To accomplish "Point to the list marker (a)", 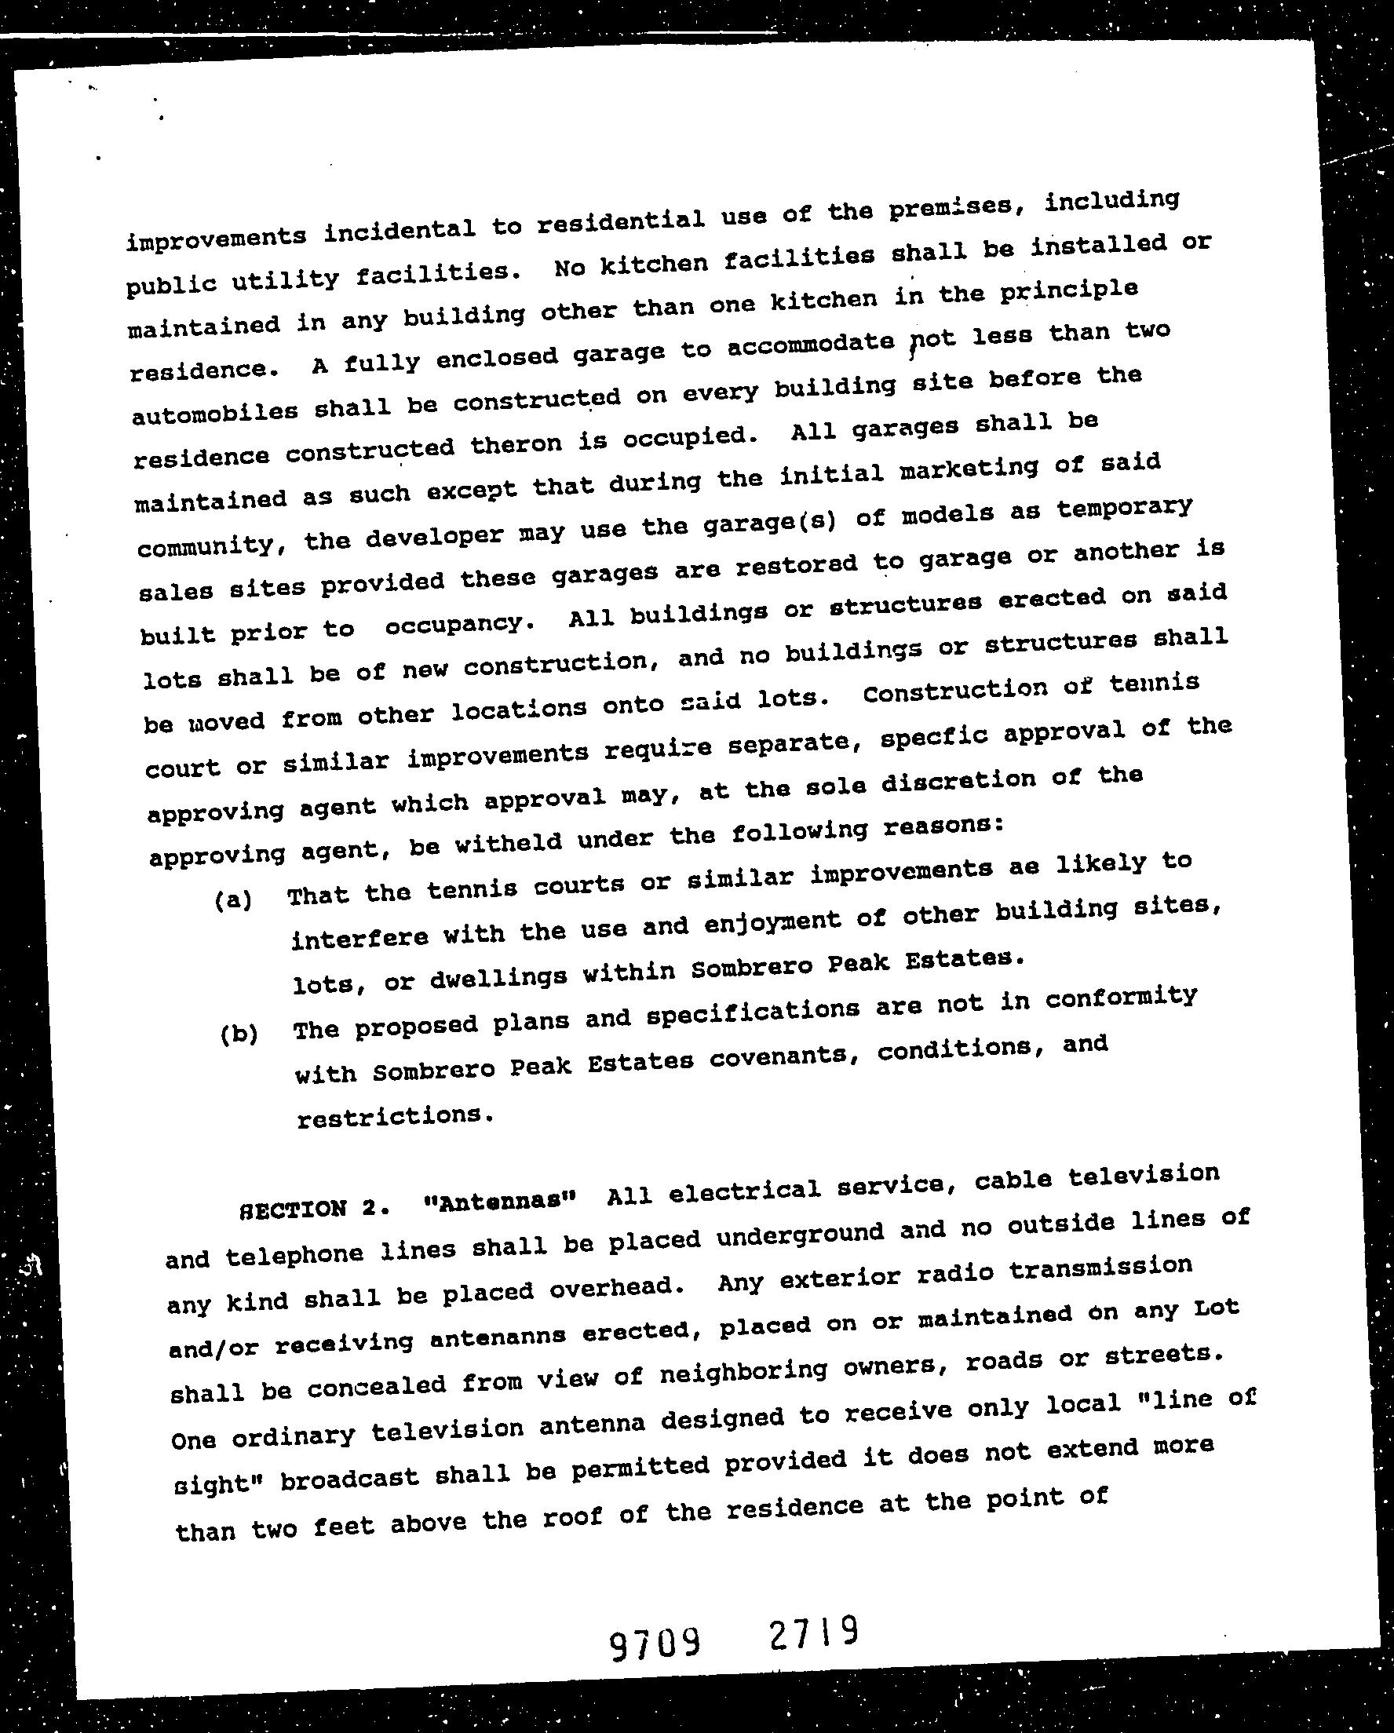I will tap(234, 900).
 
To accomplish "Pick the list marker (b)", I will tap(239, 1034).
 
